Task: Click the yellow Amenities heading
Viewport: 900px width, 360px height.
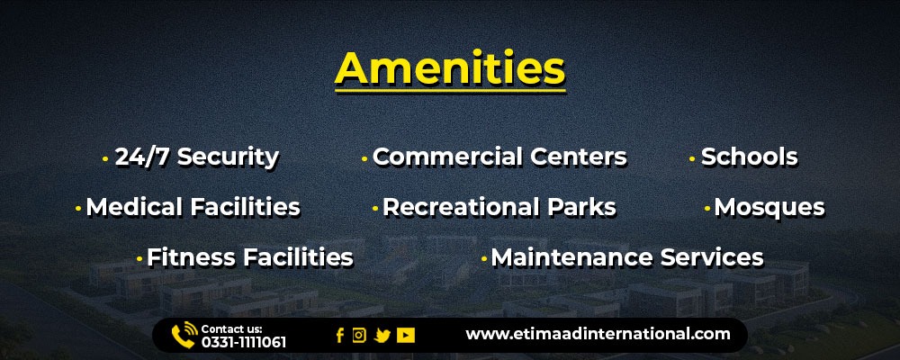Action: [450, 69]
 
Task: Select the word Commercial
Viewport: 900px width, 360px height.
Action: [446, 157]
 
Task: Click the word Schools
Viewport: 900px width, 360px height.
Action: [749, 157]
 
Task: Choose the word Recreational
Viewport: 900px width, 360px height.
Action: [460, 207]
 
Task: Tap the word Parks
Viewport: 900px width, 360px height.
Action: [581, 207]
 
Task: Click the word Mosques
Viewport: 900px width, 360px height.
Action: [769, 208]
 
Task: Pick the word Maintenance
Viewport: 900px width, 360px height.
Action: [571, 257]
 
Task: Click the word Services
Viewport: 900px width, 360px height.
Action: [712, 257]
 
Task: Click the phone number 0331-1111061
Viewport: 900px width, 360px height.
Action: [243, 343]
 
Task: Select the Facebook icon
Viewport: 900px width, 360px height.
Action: [340, 336]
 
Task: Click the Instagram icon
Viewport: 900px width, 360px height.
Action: [359, 336]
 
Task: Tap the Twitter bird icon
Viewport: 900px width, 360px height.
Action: [382, 336]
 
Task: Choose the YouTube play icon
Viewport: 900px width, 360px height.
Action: [405, 336]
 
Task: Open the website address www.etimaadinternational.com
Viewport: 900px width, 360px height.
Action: [598, 334]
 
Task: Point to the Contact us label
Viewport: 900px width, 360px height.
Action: [231, 329]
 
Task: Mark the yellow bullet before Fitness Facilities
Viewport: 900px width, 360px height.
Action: [139, 259]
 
